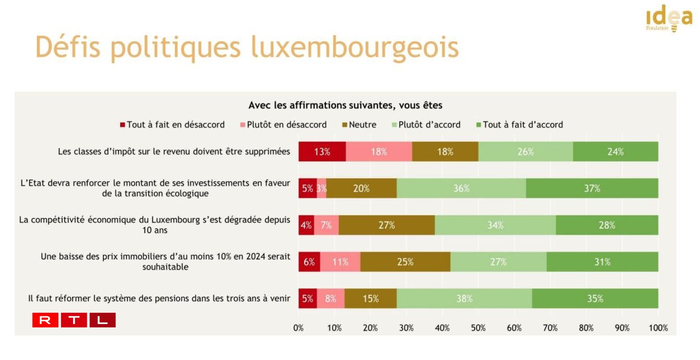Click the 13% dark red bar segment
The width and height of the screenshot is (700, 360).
[322, 152]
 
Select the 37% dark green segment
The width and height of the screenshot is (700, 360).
[592, 188]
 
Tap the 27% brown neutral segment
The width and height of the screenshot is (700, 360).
[387, 225]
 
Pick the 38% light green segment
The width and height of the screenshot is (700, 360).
[464, 299]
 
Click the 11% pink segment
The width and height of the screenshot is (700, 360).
[340, 262]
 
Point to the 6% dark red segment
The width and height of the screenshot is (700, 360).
[309, 262]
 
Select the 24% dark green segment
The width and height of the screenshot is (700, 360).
[615, 152]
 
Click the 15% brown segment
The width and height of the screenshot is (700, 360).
[370, 299]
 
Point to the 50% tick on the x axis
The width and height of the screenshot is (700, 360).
[478, 328]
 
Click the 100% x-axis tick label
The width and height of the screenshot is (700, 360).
[658, 328]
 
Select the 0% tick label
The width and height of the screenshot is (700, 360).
[298, 328]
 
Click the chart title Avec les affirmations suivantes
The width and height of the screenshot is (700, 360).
[345, 105]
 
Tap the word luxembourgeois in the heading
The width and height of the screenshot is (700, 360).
[354, 47]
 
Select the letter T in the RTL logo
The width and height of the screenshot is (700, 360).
[74, 320]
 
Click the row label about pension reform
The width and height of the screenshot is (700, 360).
[159, 299]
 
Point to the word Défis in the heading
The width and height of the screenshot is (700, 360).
[68, 47]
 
